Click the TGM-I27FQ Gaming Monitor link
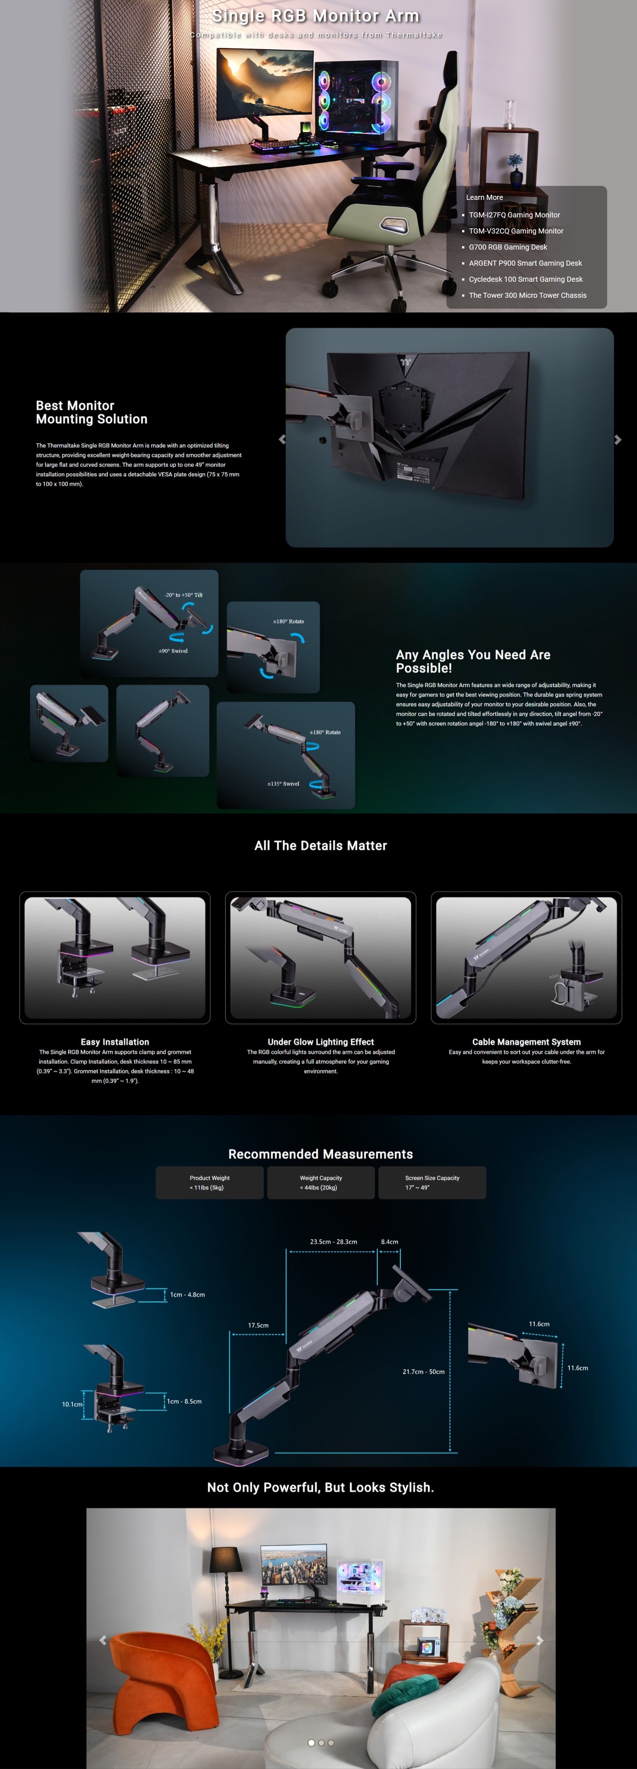coord(514,215)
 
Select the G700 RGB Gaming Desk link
coord(508,247)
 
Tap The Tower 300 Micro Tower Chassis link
coord(527,295)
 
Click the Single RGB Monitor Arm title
coord(316,16)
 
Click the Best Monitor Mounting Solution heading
coord(91,412)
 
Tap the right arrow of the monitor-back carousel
coord(618,440)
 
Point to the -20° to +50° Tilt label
coord(183,595)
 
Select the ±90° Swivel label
coord(173,650)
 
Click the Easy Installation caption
coord(115,1042)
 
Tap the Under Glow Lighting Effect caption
coord(321,1042)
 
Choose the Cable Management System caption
coord(526,1042)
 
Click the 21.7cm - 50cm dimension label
coord(424,1371)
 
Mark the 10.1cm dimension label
coord(72,1404)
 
